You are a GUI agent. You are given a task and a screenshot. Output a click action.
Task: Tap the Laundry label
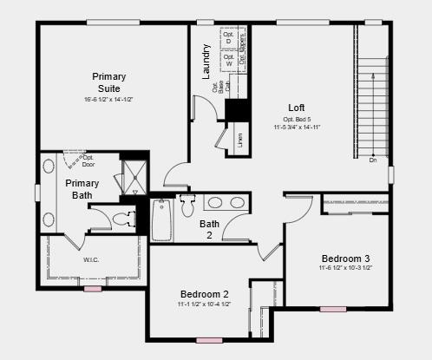206,62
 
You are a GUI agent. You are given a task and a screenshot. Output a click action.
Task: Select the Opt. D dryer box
227,39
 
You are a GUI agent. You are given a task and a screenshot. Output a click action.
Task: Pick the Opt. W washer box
227,60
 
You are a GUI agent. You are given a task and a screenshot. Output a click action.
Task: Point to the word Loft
297,108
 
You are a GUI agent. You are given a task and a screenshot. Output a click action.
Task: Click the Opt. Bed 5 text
298,119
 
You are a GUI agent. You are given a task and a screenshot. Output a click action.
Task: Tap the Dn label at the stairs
372,160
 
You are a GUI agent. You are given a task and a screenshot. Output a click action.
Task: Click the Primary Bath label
82,189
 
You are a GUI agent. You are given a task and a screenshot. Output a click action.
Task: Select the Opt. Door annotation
88,160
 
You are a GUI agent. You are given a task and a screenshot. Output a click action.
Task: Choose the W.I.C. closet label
91,259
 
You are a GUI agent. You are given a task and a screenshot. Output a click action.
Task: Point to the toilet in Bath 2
187,206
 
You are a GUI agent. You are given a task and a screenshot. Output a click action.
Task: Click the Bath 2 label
210,229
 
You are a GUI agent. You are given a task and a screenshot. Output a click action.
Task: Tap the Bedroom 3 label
345,259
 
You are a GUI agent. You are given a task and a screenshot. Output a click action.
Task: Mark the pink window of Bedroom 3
332,309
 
